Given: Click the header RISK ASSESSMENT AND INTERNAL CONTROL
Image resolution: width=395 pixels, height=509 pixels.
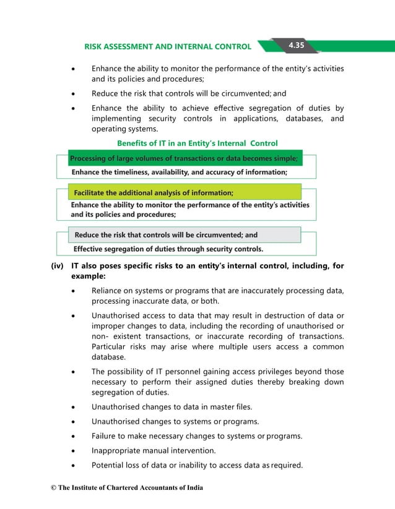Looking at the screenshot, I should tap(167, 46).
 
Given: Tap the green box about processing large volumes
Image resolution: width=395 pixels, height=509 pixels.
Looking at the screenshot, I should tap(184, 158).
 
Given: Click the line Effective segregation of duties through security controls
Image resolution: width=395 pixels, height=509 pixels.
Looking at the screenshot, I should tap(168, 249).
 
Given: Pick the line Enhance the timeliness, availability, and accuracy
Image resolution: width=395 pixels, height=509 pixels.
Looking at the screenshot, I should tap(180, 173).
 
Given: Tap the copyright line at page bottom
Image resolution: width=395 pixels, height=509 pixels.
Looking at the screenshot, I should tap(127, 488).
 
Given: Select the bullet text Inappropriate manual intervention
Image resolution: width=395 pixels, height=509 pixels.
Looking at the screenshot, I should tap(154, 451).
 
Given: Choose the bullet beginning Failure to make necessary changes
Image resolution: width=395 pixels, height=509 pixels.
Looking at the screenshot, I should tap(197, 436).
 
